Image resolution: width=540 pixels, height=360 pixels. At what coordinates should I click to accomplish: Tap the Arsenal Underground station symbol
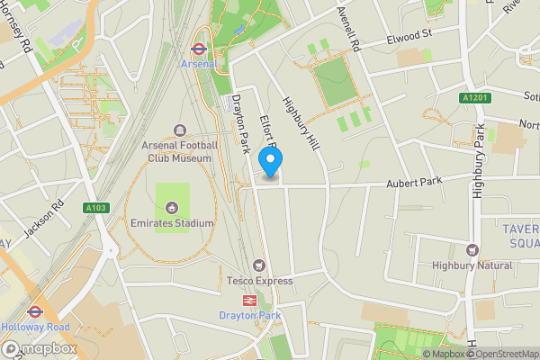pyautogui.click(x=200, y=50)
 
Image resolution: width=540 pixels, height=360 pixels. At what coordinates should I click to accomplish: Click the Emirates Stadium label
pyautogui.click(x=171, y=223)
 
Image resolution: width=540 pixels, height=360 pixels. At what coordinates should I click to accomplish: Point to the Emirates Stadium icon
pyautogui.click(x=172, y=208)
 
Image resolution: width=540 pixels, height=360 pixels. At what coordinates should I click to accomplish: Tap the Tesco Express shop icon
pyautogui.click(x=259, y=265)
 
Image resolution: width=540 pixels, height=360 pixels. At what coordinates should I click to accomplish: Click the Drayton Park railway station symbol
pyautogui.click(x=250, y=301)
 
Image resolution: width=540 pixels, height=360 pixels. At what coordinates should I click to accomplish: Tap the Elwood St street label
pyautogui.click(x=410, y=37)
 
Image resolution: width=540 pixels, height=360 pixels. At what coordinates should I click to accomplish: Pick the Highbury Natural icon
pyautogui.click(x=472, y=250)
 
